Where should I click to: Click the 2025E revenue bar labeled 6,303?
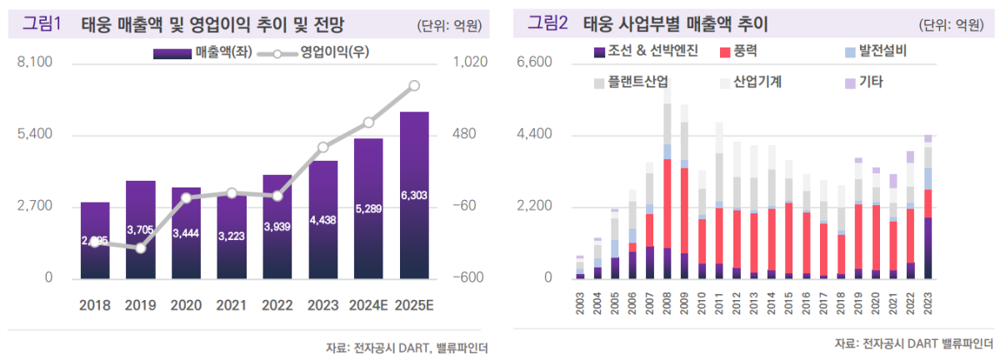[x=414, y=195]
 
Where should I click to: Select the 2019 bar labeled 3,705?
[x=141, y=229]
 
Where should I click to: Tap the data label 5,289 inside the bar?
[x=368, y=208]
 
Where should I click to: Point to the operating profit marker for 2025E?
[x=414, y=86]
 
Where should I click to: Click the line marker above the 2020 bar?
[x=187, y=197]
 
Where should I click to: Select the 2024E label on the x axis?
[x=368, y=305]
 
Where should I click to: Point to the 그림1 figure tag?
[x=42, y=24]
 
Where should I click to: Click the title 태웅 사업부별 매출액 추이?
[x=675, y=24]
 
